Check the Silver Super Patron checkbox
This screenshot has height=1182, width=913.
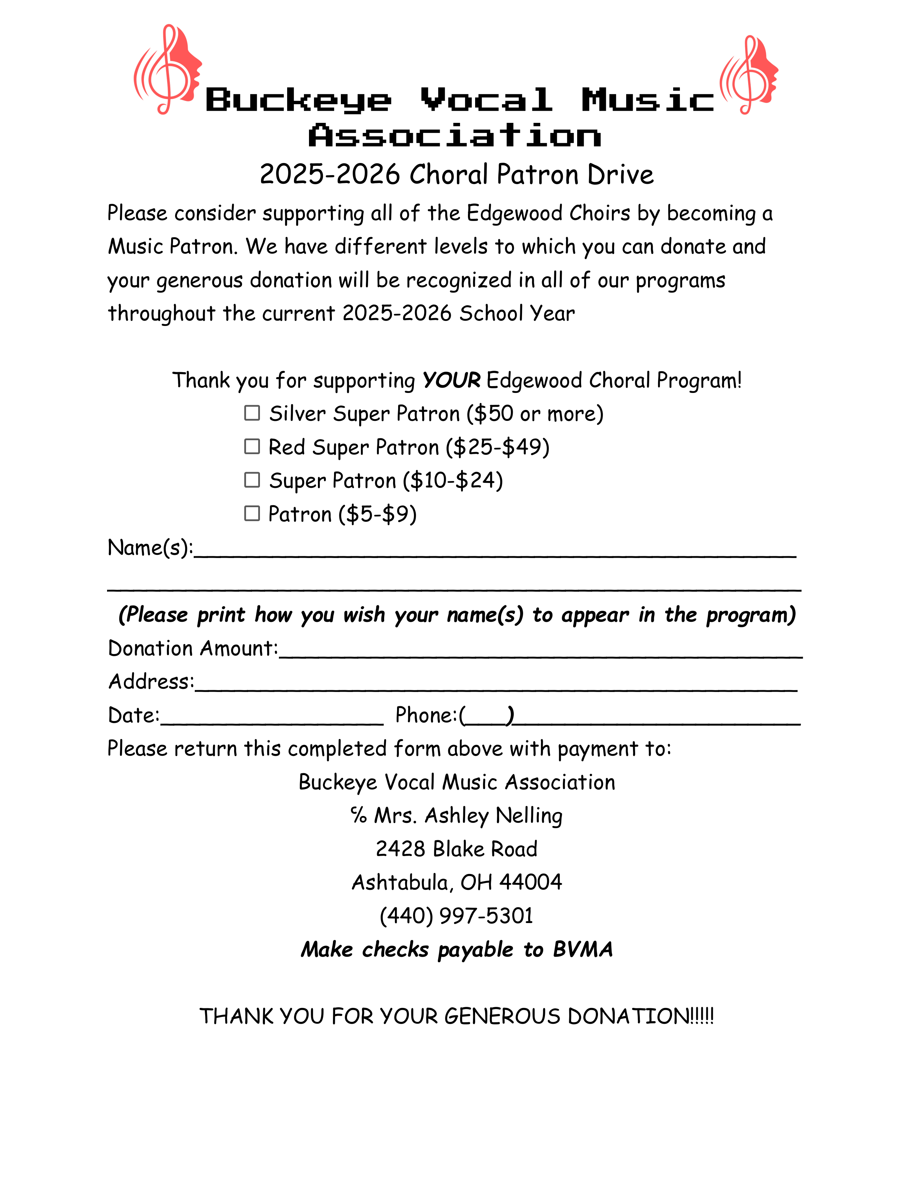[x=252, y=413]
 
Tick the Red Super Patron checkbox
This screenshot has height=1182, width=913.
[x=252, y=447]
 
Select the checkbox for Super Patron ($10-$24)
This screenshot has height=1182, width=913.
[x=252, y=480]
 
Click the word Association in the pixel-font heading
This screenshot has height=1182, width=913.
[x=455, y=135]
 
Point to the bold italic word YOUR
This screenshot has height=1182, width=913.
[x=451, y=380]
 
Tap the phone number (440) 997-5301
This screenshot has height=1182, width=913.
[x=456, y=916]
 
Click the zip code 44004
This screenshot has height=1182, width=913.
[x=531, y=882]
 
